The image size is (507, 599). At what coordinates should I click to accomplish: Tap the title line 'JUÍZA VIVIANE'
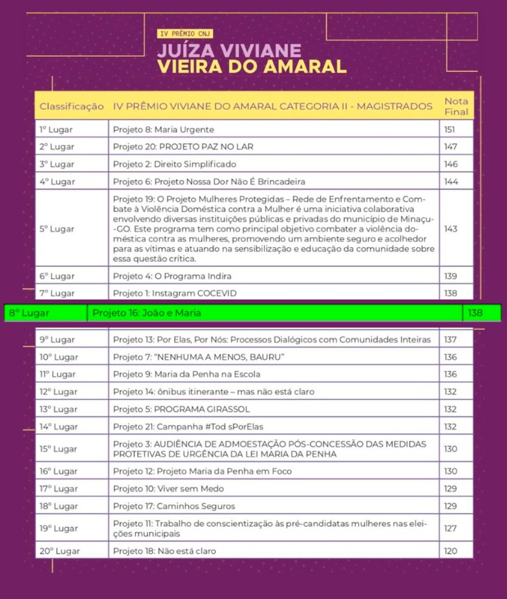pos(229,51)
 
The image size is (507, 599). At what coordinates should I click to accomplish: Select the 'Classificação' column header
pos(72,106)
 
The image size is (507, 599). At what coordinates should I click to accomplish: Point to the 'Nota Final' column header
pos(456,106)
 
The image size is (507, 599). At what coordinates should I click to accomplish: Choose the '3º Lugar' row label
pos(57,164)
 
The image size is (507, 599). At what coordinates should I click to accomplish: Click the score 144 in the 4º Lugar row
pos(450,181)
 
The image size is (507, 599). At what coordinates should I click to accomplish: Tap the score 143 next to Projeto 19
pos(450,229)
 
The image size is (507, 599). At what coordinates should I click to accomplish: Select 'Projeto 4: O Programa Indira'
pos(172,276)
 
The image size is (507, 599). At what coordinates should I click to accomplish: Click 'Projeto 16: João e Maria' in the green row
pos(146,313)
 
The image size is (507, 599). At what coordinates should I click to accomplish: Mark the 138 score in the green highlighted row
pos(475,313)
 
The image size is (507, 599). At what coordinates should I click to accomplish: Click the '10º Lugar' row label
pos(59,357)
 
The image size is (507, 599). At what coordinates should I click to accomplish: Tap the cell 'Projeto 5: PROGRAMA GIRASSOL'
pos(181,409)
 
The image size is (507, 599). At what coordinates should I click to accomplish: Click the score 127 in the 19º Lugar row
pos(450,529)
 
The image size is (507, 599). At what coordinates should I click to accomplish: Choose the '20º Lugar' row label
pos(59,551)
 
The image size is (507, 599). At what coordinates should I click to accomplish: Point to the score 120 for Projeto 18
pos(450,551)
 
